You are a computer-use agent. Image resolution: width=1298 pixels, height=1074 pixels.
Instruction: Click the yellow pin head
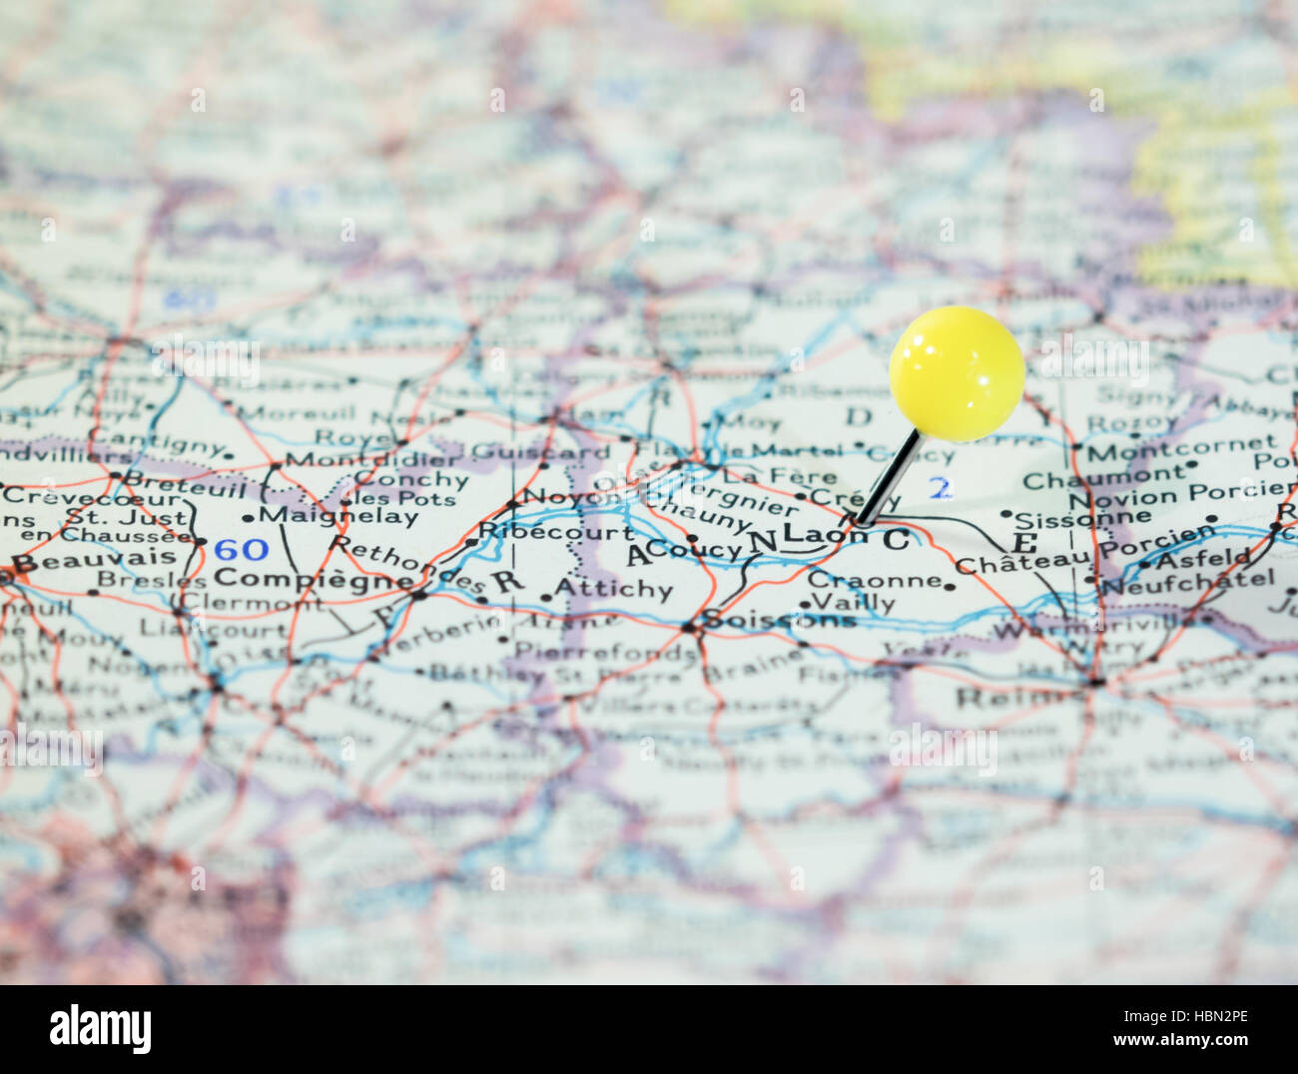tap(957, 373)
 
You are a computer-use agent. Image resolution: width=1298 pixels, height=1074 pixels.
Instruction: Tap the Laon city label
tap(824, 535)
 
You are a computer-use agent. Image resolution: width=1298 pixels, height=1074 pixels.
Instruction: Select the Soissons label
tap(779, 620)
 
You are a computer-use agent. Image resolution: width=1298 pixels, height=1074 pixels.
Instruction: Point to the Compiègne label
tap(314, 579)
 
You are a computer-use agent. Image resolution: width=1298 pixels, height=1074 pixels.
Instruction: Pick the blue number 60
tap(242, 549)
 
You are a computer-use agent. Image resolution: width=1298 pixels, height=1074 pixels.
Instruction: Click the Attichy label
tap(613, 588)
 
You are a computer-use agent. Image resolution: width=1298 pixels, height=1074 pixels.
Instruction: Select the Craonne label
tap(875, 579)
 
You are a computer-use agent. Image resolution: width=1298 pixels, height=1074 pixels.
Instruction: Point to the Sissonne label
tap(1068, 518)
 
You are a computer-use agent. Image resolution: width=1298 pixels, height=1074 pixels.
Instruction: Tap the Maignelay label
tap(337, 516)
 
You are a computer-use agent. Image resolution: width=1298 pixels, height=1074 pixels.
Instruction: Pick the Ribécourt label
tap(556, 531)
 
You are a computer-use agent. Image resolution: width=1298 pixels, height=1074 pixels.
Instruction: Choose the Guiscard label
tap(540, 451)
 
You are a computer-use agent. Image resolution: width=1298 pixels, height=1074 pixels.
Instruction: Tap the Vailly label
tap(854, 602)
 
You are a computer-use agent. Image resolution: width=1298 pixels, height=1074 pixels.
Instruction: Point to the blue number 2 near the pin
tap(941, 488)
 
